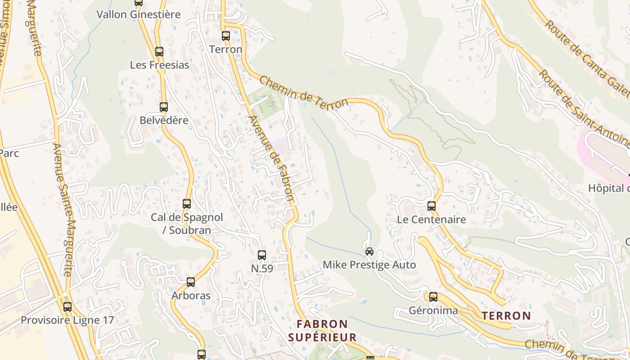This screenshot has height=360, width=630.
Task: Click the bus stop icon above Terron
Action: [x=226, y=36]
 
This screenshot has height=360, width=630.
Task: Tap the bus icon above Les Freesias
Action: [x=159, y=52]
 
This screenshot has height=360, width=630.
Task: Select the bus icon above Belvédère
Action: [x=164, y=107]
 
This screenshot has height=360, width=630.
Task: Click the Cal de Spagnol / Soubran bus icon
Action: [x=187, y=204]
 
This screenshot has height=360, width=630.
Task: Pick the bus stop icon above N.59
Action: [x=262, y=255]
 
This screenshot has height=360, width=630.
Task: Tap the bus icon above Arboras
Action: [x=191, y=282]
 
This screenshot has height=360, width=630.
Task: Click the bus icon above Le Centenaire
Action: [x=432, y=206]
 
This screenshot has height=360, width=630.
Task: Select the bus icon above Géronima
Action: [x=433, y=297]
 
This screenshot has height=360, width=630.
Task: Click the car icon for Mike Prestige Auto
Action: [x=369, y=251]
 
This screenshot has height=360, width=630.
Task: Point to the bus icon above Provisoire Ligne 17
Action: [x=67, y=307]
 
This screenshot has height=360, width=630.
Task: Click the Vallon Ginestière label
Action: [x=139, y=14]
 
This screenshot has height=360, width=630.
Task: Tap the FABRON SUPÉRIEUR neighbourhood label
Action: [x=322, y=331]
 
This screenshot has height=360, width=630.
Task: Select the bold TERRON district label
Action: [x=506, y=316]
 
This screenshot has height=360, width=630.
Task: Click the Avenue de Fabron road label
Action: [x=271, y=158]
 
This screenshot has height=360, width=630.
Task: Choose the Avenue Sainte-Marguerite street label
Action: [x=63, y=209]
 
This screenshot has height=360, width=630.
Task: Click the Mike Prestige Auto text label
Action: [x=369, y=265]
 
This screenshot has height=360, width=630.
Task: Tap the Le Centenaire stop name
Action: [x=431, y=220]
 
